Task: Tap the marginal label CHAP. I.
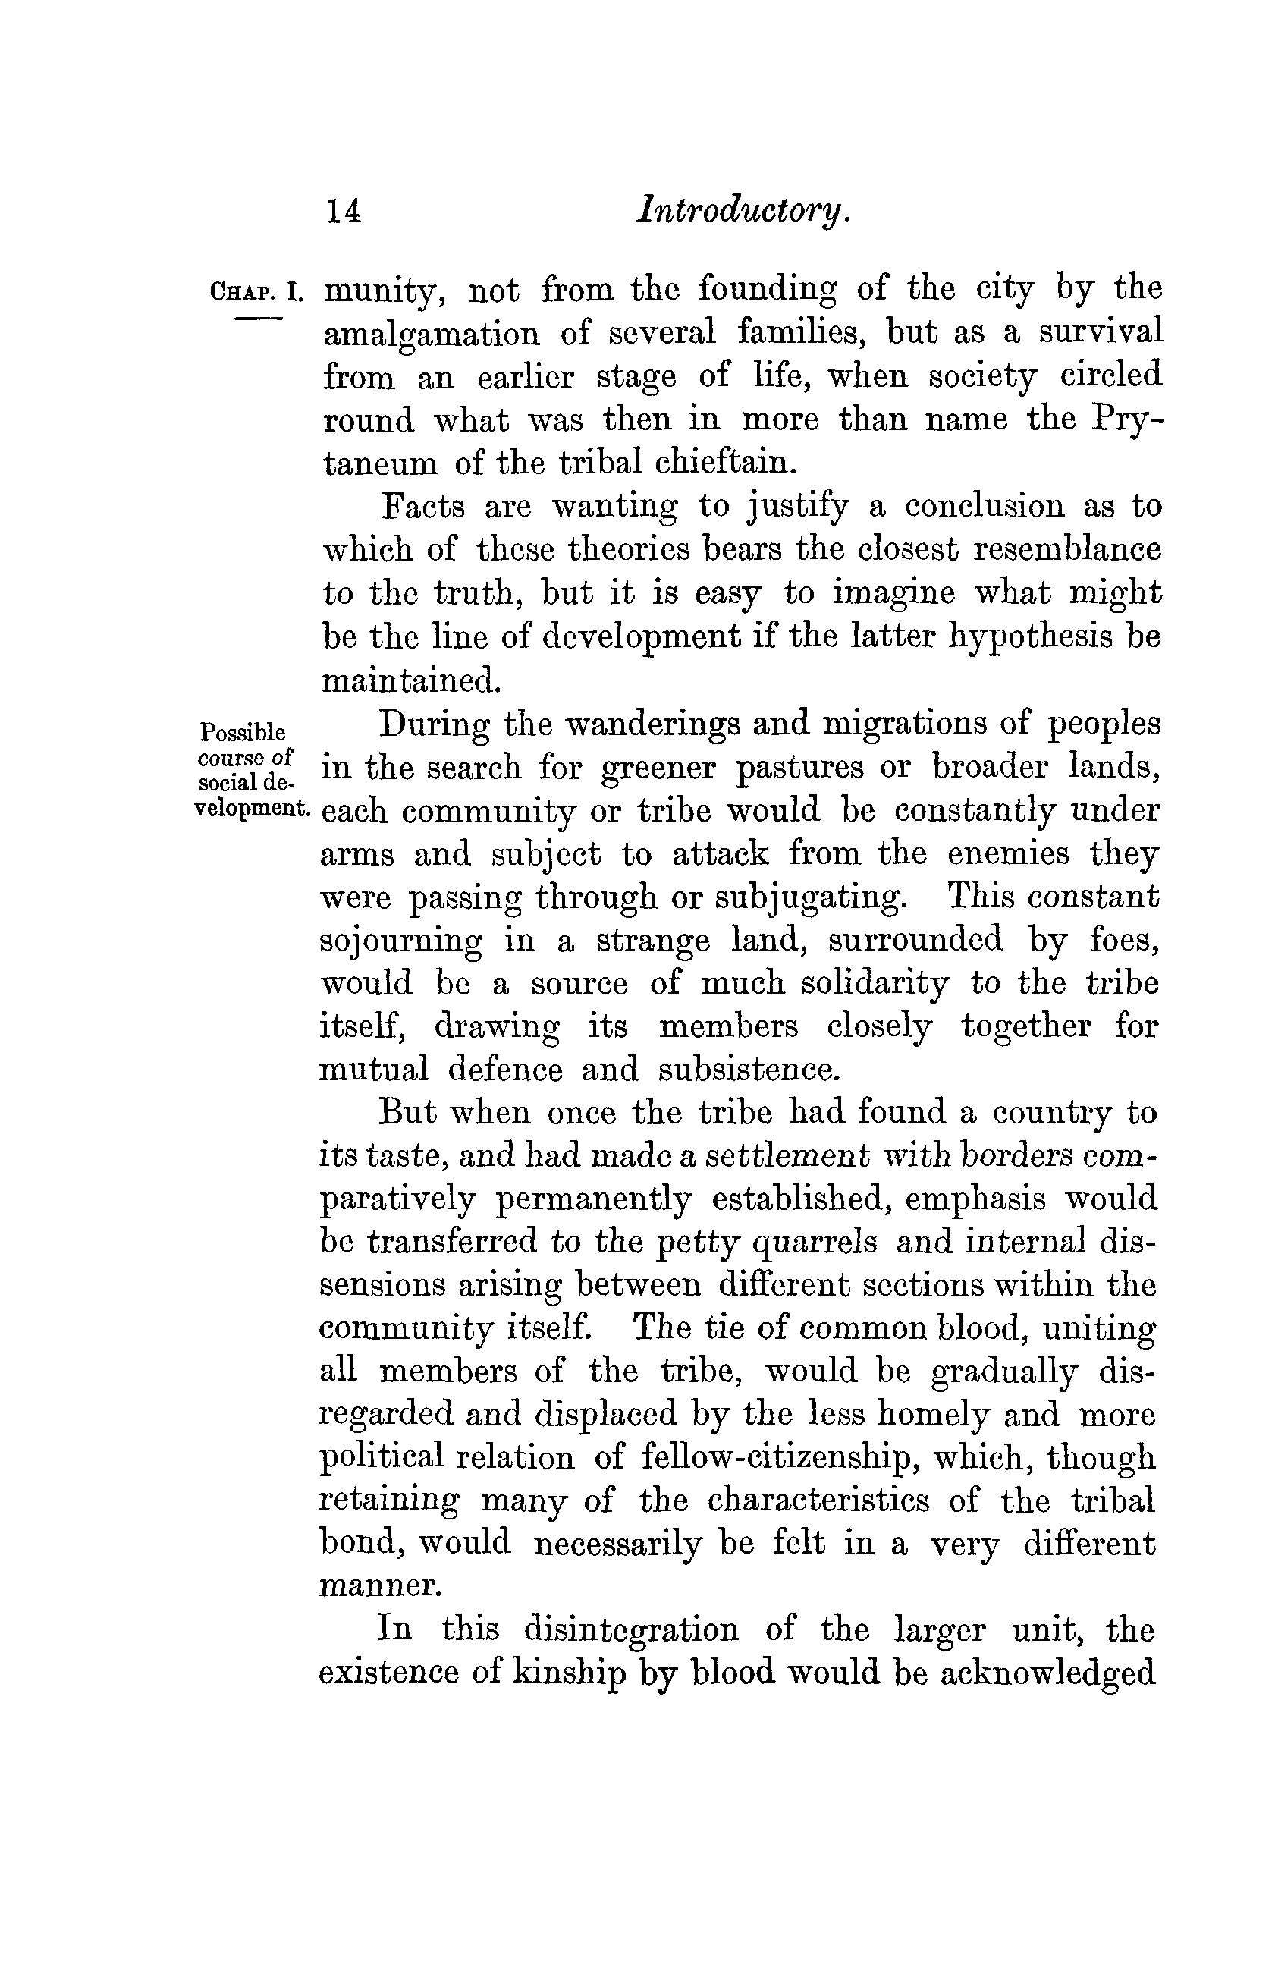pos(257,293)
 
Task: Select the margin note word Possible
pos(243,732)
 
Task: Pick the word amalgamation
pos(431,335)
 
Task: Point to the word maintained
pos(410,680)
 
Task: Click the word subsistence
pos(749,1070)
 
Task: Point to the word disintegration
pos(630,1629)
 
